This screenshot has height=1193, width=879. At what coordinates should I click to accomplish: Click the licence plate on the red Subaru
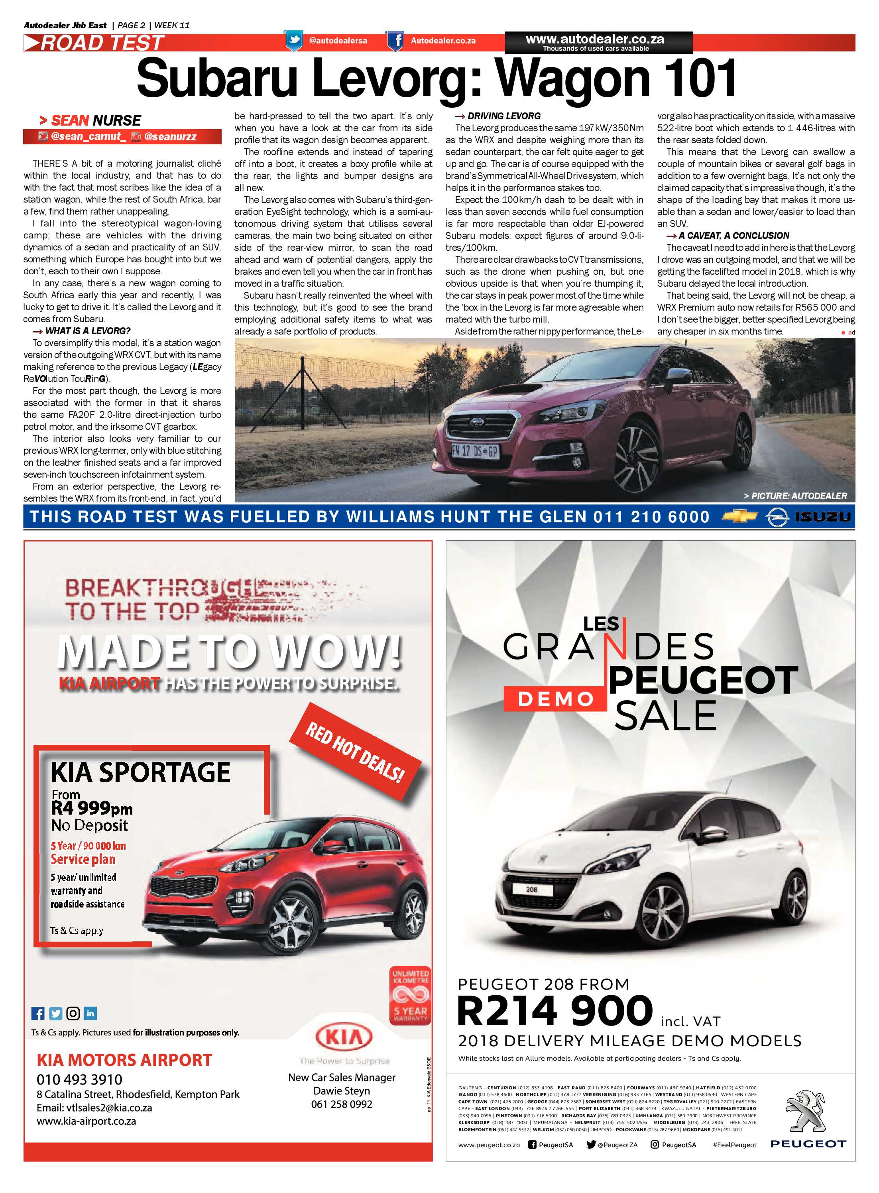(x=475, y=451)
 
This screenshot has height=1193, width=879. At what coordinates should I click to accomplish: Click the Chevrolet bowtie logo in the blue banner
(x=739, y=517)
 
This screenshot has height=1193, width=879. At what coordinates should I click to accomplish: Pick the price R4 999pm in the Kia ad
(x=92, y=808)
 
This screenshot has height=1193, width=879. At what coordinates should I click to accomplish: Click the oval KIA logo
(x=344, y=1037)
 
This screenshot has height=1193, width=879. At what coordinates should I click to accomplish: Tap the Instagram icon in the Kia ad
(x=73, y=1013)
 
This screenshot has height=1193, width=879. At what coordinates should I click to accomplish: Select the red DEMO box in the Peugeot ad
(x=555, y=699)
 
